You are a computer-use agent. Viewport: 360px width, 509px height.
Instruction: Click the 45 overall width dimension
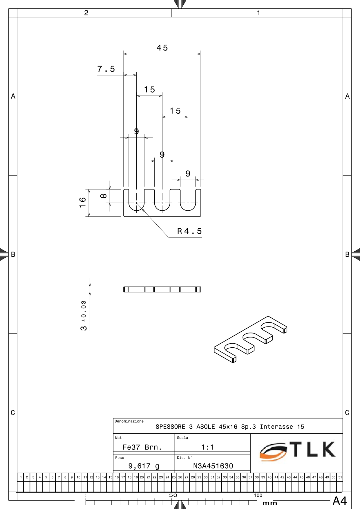pos(162,48)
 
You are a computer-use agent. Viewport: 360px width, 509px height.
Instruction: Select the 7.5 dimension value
pos(106,69)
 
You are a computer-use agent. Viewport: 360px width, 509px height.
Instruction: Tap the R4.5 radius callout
pos(189,231)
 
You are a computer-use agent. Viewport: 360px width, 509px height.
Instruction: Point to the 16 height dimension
pos(83,202)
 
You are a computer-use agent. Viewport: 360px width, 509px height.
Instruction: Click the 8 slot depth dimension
pos(104,196)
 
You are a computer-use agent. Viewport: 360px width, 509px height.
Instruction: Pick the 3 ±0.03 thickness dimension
pos(84,316)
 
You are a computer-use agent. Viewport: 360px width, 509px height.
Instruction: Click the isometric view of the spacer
pos(251,340)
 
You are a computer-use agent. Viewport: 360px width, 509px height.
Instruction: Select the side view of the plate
pos(162,289)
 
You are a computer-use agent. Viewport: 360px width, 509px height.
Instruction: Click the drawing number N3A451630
pos(213,466)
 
